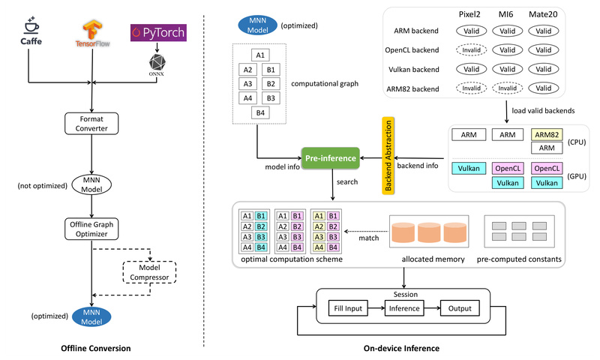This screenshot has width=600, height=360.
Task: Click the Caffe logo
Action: [x=30, y=34]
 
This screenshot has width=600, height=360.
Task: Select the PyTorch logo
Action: [x=158, y=31]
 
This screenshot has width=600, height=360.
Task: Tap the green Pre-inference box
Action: [x=329, y=158]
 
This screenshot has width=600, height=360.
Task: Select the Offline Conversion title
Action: [x=96, y=348]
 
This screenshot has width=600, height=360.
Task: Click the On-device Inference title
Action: [x=400, y=348]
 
